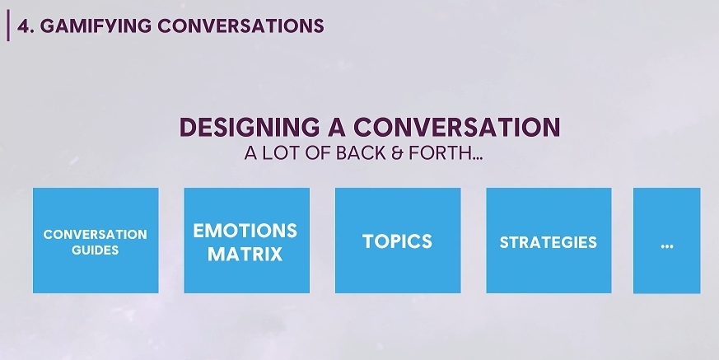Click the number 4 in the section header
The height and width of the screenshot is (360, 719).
(x=23, y=26)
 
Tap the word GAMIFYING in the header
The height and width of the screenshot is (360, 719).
(x=96, y=26)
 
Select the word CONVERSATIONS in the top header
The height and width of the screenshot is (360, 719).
(x=240, y=26)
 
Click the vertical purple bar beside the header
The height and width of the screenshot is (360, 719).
(x=8, y=26)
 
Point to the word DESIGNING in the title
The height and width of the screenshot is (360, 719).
(x=250, y=127)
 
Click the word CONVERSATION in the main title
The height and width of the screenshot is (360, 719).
(x=457, y=127)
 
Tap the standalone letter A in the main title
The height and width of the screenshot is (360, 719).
(x=337, y=127)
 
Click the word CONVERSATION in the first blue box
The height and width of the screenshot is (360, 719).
(x=96, y=234)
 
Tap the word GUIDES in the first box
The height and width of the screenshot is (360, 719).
(x=96, y=250)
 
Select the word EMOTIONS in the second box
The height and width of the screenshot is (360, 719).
(x=245, y=231)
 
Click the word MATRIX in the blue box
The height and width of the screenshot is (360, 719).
(x=245, y=254)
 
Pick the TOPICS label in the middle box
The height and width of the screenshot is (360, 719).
(x=398, y=241)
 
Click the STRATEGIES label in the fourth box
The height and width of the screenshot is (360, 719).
(x=549, y=242)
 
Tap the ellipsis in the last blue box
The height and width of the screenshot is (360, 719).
(x=667, y=246)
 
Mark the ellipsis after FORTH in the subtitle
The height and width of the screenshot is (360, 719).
(x=478, y=158)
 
